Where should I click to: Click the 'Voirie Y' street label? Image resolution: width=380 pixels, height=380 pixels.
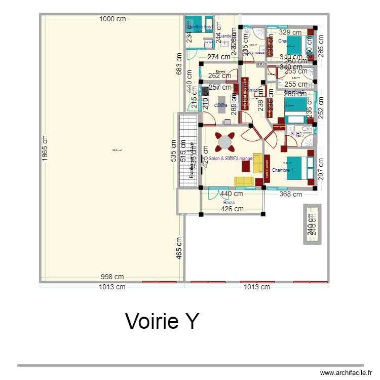click(x=162, y=321)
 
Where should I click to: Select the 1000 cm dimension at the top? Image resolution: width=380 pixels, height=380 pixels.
click(x=112, y=19)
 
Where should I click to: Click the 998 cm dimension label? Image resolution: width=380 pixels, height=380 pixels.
click(x=112, y=277)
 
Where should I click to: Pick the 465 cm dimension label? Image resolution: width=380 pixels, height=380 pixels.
click(x=179, y=248)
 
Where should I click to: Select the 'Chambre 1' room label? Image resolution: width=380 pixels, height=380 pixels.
click(x=282, y=170)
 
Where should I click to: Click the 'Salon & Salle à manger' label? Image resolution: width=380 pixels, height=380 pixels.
click(x=231, y=159)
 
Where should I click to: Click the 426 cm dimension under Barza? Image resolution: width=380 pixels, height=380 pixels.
click(x=232, y=209)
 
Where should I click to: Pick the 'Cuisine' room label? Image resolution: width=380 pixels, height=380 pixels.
click(x=220, y=105)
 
